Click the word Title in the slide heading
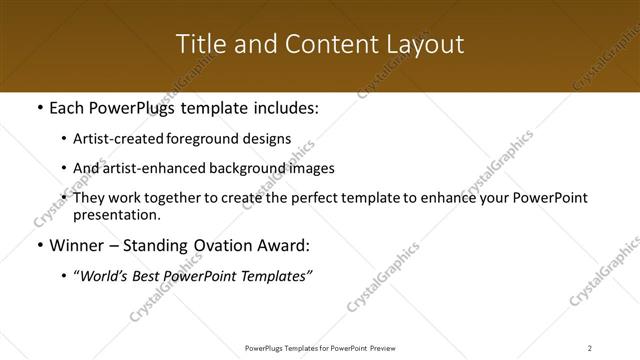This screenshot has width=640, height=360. (200, 45)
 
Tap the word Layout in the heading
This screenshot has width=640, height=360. (425, 45)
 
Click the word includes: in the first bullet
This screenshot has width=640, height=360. (282, 108)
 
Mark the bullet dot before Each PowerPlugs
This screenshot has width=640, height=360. (38, 108)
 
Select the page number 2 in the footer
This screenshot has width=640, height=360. (590, 347)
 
